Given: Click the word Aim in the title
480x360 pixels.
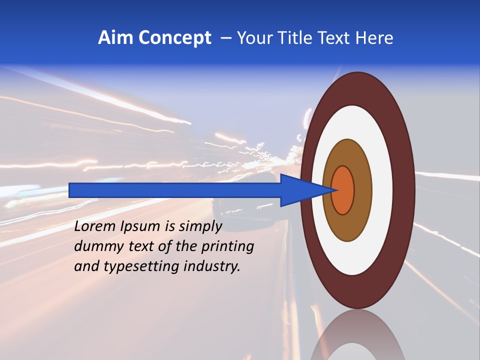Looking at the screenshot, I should click(x=115, y=38).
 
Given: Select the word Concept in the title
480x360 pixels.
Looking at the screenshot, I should click(x=174, y=38).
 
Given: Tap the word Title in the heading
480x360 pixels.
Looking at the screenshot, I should click(x=297, y=38).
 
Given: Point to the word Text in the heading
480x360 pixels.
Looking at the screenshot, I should click(x=335, y=38).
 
